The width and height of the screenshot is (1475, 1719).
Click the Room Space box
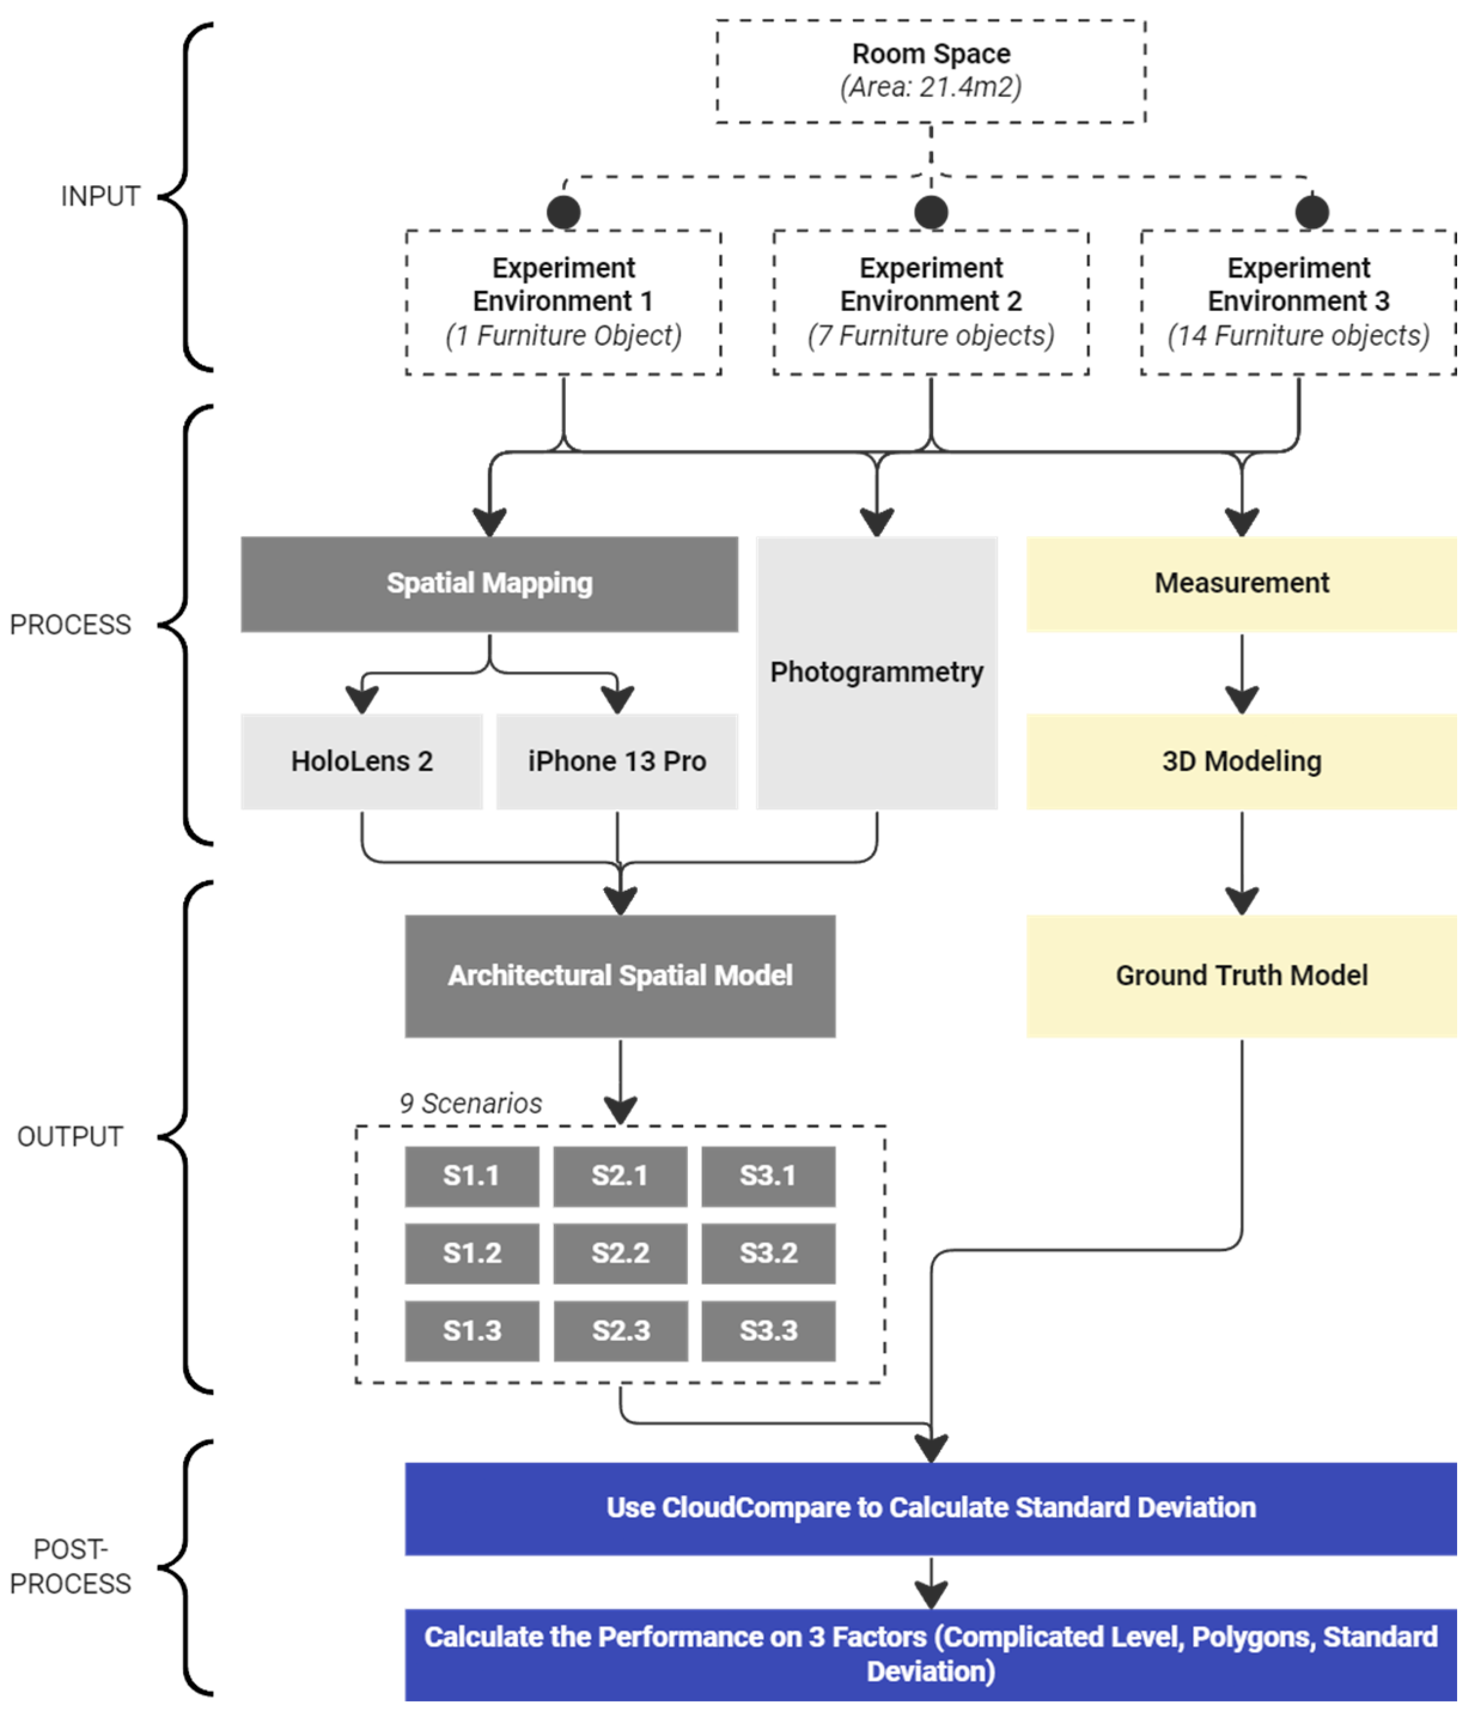coord(930,71)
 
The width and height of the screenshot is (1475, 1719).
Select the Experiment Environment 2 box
coord(930,302)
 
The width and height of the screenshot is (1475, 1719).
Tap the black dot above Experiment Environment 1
coord(563,212)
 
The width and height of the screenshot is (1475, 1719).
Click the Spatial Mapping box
coord(489,583)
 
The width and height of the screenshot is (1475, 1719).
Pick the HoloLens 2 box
coord(362,761)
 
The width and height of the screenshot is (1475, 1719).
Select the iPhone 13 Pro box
coord(617,761)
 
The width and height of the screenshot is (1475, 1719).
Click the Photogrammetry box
coord(876,672)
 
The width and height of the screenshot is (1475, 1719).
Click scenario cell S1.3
coord(471,1331)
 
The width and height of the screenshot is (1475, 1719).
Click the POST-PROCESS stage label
coord(71,1566)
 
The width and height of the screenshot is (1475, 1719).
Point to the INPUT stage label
coord(99,197)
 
